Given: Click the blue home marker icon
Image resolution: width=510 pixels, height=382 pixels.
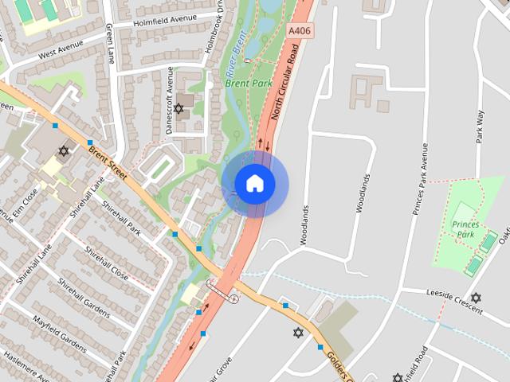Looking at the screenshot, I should tap(255, 184).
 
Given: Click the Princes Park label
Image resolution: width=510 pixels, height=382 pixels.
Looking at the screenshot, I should tap(464, 230).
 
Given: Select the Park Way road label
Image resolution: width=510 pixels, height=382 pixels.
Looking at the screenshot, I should tap(480, 125).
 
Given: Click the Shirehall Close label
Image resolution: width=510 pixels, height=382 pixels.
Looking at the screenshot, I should tap(107, 264).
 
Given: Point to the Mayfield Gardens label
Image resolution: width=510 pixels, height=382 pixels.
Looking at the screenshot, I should tap(60, 333).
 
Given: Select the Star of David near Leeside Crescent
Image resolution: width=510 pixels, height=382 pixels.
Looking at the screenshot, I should tap(476, 298).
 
